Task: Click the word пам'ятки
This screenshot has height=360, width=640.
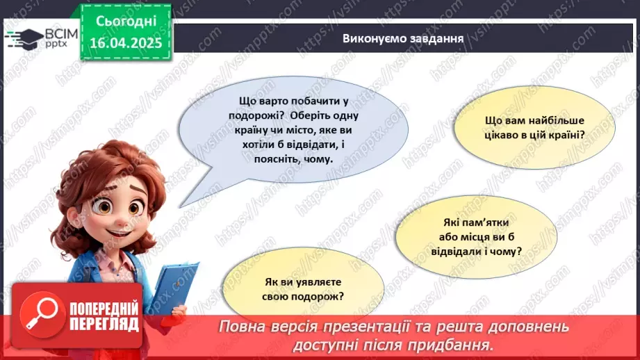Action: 476,223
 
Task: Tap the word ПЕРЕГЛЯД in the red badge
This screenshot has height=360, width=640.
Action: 104,324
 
